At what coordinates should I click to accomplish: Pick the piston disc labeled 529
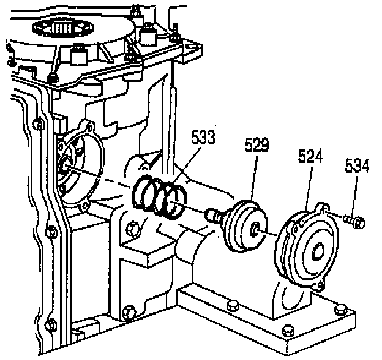247,226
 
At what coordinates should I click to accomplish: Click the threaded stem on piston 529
214,216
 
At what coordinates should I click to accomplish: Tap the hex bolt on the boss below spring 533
133,229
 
